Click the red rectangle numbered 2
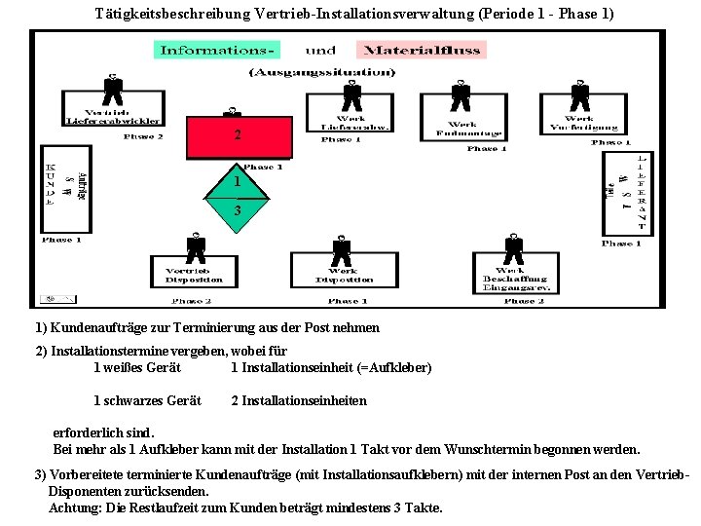tap(238, 136)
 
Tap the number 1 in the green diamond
tap(237, 182)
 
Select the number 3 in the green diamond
tap(237, 210)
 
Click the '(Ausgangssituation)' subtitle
tap(322, 72)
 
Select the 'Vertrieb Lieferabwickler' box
tap(113, 115)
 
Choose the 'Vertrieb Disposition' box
tap(195, 275)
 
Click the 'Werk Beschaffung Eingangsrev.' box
tap(516, 278)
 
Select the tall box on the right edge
tap(624, 192)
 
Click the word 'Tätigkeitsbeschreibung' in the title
tap(164, 14)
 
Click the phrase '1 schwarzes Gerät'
tap(147, 400)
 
